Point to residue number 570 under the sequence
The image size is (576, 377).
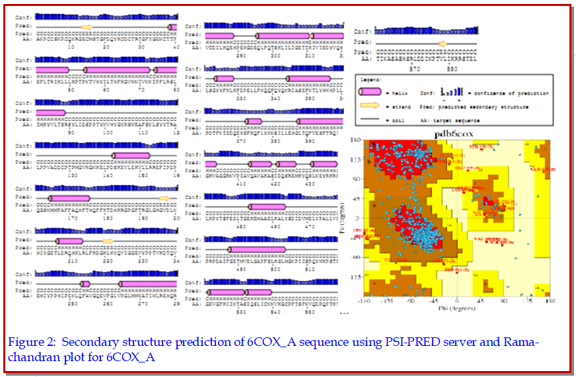(415, 68)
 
